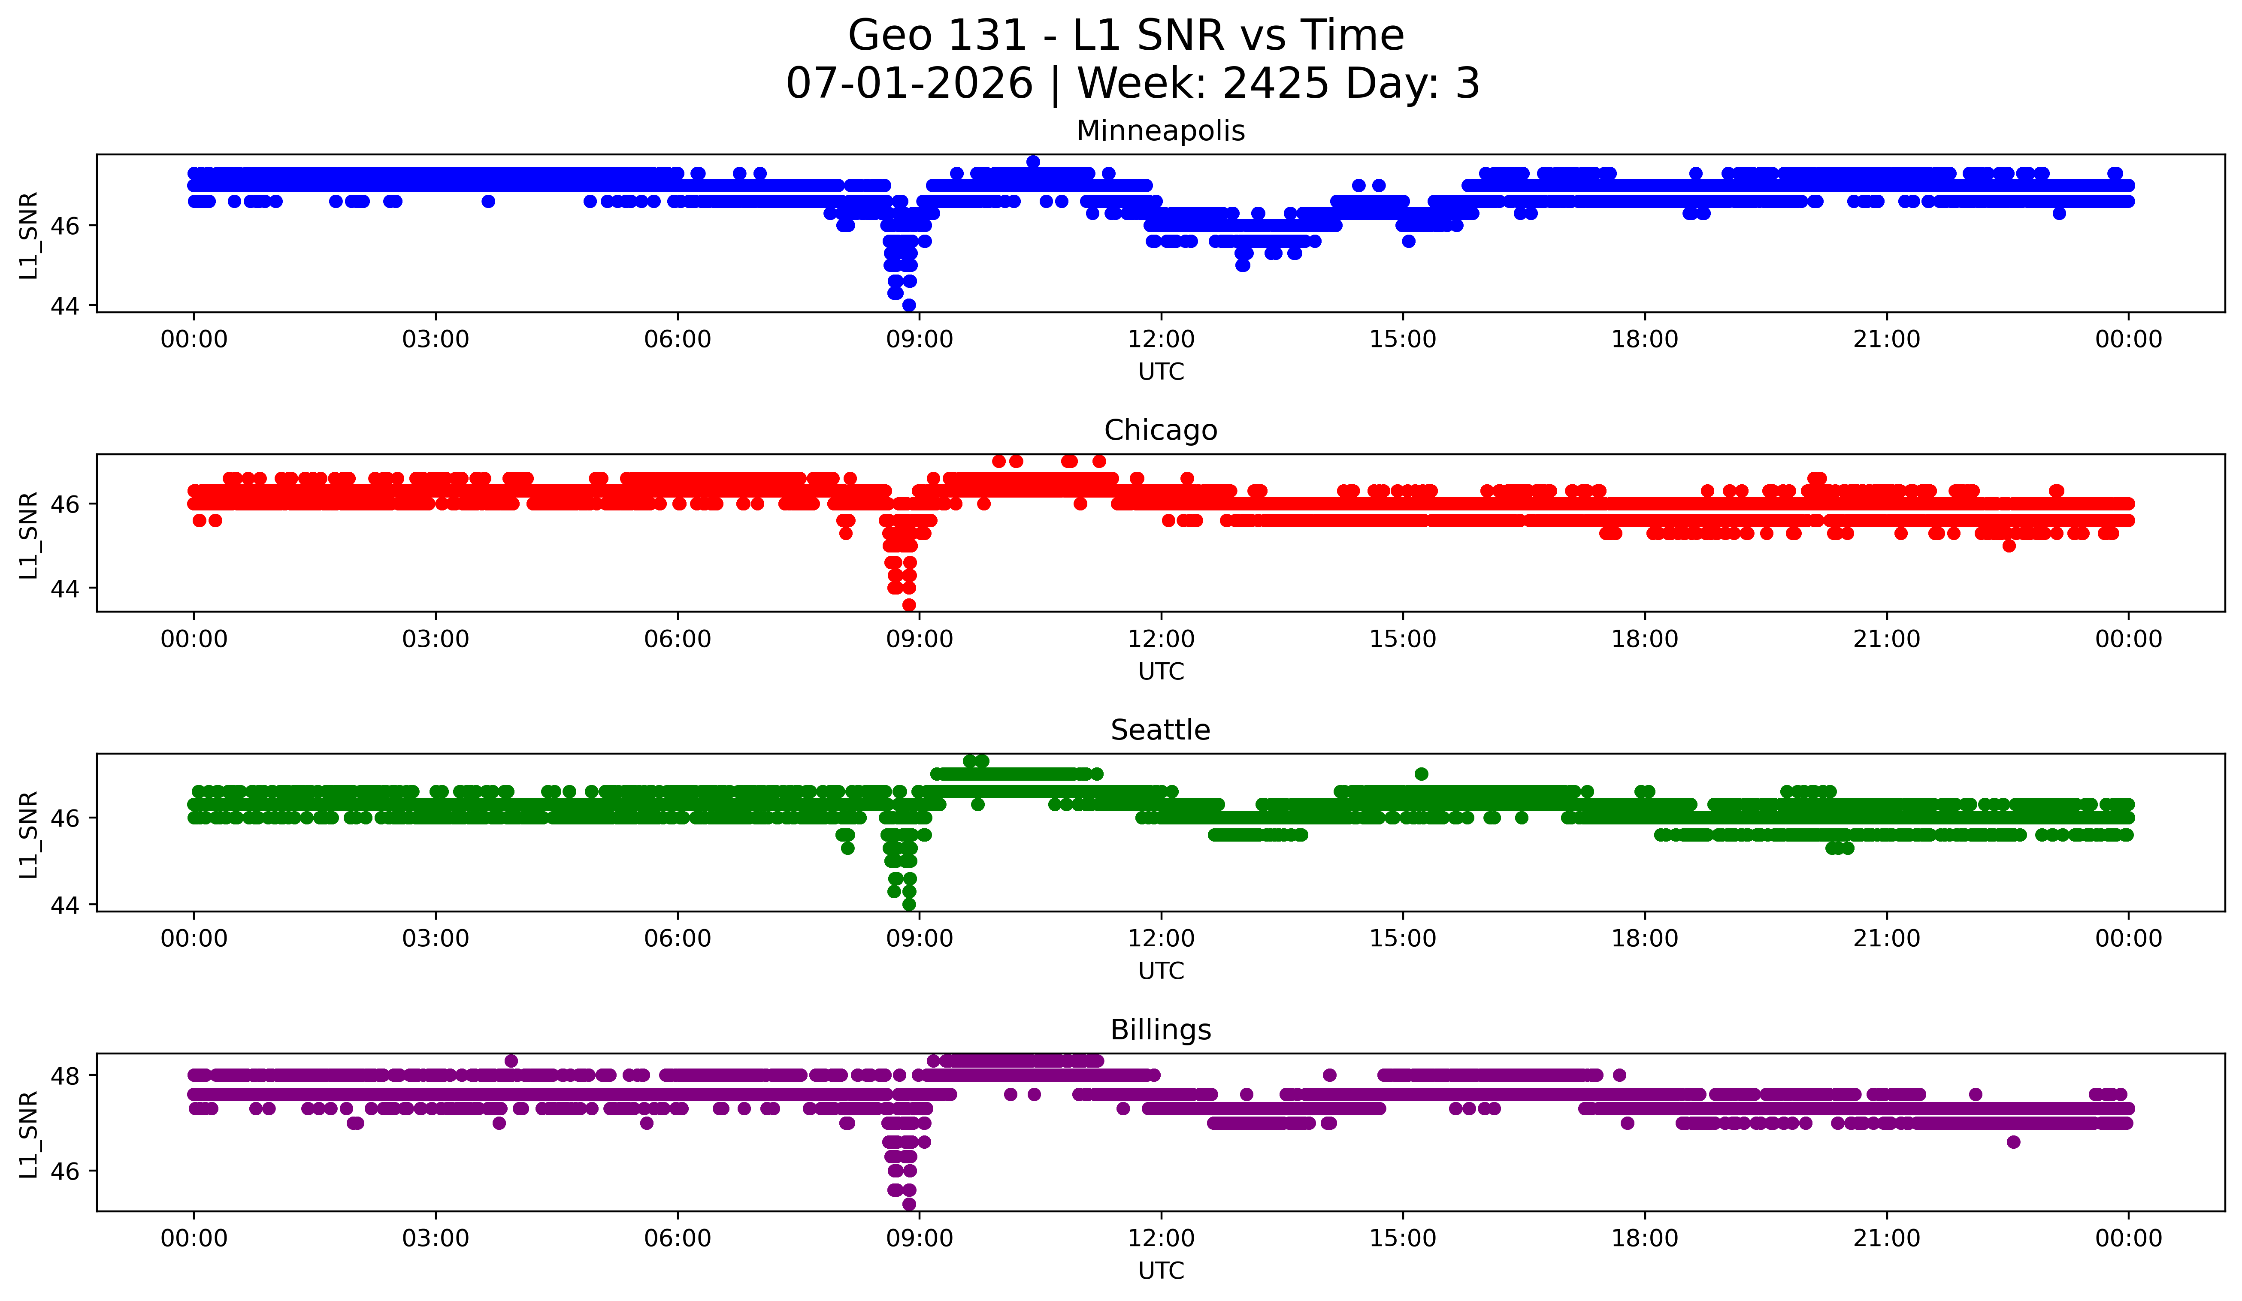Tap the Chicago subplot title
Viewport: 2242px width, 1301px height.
1160,430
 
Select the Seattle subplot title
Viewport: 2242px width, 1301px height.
1160,730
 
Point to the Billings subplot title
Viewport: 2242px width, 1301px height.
1160,1030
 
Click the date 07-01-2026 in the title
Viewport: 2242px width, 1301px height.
909,84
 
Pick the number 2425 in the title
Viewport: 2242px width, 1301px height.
1275,84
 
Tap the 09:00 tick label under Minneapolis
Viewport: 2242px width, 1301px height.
919,340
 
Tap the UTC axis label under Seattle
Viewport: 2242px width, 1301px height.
1161,971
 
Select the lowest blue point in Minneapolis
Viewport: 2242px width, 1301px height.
908,305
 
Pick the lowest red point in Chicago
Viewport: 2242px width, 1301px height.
908,605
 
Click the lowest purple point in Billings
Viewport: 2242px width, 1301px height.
908,1204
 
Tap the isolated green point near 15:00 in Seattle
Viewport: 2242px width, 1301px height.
1421,774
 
